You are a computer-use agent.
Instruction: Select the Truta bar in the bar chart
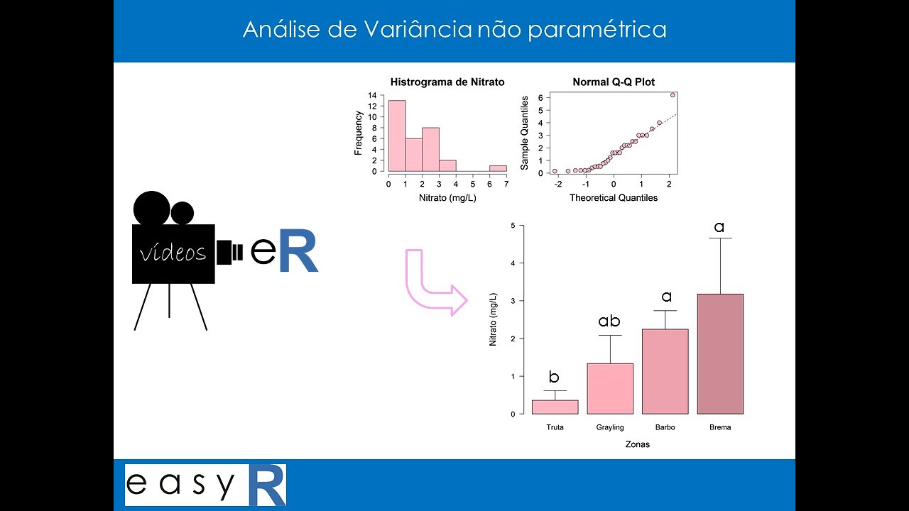coord(555,407)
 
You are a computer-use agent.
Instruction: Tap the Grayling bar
coord(610,388)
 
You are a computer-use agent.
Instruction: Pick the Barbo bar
coord(665,371)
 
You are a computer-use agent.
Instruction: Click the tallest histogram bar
coord(397,136)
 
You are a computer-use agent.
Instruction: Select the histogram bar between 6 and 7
coord(498,168)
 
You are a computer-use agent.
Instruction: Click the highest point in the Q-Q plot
coord(673,94)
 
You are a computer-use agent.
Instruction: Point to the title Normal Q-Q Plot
coord(614,82)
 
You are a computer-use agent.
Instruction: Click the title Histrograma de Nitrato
coord(447,82)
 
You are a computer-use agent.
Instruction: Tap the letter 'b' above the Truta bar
coord(554,377)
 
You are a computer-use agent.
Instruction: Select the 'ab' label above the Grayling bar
coord(609,322)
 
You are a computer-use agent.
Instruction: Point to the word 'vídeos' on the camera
coord(173,253)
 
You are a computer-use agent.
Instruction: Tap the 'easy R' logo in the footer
coord(205,485)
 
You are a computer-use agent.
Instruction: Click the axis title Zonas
coord(637,445)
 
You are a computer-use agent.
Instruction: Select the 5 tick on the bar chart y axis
coord(513,226)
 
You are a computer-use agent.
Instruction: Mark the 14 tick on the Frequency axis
coord(372,94)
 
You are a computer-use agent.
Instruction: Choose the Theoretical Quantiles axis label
coord(614,198)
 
